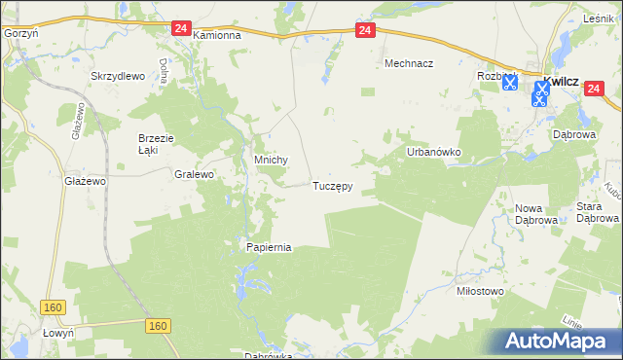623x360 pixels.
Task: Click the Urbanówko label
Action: click(x=433, y=153)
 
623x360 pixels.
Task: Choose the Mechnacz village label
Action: click(x=409, y=62)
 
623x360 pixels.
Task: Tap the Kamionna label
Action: click(x=216, y=35)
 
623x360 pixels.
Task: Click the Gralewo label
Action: click(x=193, y=175)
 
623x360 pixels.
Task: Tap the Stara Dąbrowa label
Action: click(x=598, y=212)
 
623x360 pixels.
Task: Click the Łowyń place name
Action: click(x=19, y=332)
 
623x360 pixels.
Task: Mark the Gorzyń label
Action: click(x=19, y=32)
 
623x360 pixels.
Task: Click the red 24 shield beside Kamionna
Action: click(x=180, y=29)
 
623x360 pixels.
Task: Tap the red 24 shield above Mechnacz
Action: click(x=364, y=31)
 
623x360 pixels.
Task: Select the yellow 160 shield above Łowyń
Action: click(x=54, y=307)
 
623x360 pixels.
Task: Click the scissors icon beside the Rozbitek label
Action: click(x=509, y=84)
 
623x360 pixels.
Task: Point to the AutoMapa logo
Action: click(x=559, y=341)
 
